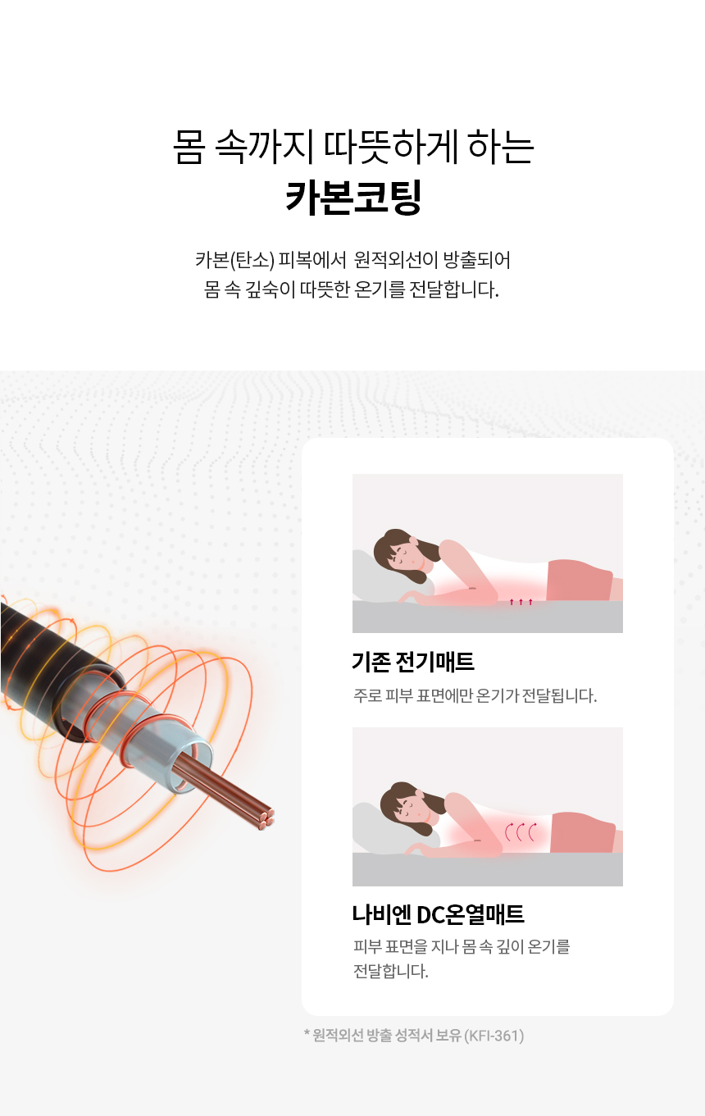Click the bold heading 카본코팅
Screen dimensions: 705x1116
[353, 197]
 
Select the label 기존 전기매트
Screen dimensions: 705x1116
[413, 662]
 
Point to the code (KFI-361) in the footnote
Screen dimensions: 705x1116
[493, 1036]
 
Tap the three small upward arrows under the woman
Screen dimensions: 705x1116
[521, 602]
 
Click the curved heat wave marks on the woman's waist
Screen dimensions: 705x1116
[521, 832]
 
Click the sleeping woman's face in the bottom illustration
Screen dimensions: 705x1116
[409, 806]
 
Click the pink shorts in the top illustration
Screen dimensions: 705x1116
[579, 581]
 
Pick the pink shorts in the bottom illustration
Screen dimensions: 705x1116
[582, 832]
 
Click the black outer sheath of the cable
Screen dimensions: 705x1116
[50, 658]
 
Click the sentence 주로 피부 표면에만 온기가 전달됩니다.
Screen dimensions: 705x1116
[475, 695]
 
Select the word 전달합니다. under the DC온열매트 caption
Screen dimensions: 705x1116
[390, 971]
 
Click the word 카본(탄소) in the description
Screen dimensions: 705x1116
[234, 260]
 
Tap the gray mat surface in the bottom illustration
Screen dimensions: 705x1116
[487, 869]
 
